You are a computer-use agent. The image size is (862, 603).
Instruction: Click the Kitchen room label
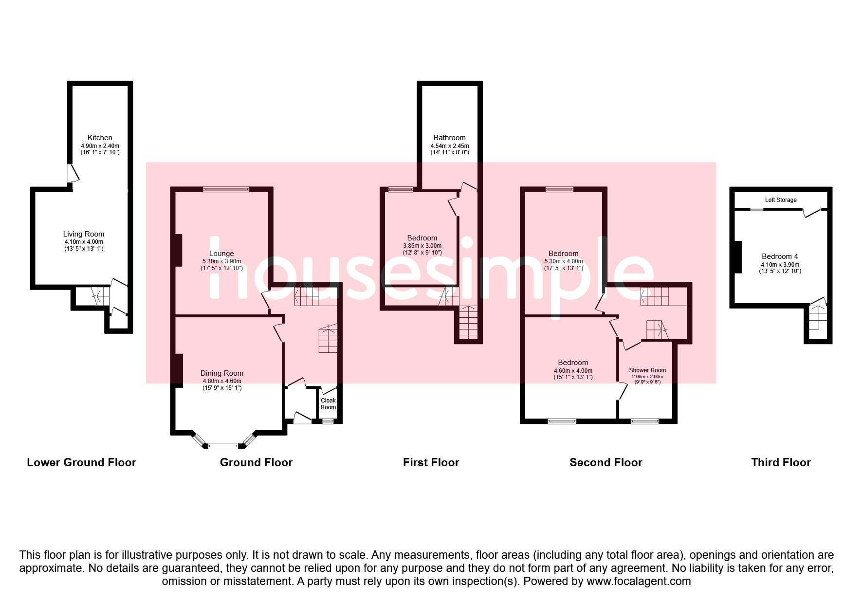pos(100,138)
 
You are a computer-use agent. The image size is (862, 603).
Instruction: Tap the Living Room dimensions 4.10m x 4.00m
pos(84,242)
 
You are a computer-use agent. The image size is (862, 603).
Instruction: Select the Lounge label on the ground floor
pos(221,254)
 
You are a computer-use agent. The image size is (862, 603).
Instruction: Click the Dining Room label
pos(222,373)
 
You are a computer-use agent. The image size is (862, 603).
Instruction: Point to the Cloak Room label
pos(328,404)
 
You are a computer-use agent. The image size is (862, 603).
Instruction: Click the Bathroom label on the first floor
pos(449,138)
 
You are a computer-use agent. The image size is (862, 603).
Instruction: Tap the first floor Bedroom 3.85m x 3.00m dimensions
pos(422,246)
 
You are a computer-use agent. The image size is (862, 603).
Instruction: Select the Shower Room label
pos(647,370)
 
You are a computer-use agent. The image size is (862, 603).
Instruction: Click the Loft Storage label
pos(781,200)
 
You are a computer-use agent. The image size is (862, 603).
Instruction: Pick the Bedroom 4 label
pos(780,256)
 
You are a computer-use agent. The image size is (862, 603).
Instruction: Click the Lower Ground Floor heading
pos(81,462)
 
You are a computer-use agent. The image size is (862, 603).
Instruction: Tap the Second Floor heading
pos(606,462)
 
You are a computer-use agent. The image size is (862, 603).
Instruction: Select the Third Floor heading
pos(781,462)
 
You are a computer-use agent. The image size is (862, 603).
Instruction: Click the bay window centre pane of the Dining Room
pos(223,445)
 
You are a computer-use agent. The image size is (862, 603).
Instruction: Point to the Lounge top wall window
pos(226,189)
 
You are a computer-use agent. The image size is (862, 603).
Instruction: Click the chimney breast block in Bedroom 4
pos(738,257)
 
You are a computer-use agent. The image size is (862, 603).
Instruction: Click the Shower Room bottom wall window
pos(645,421)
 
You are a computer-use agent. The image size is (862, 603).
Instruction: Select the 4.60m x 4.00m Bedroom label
pos(573,363)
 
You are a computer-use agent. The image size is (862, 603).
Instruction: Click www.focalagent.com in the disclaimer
pos(639,581)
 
